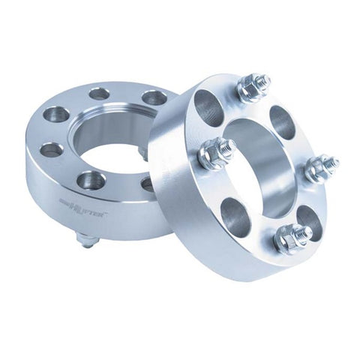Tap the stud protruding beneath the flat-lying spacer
(87, 240)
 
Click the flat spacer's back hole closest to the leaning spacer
(154, 97)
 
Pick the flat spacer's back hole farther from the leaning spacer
(98, 94)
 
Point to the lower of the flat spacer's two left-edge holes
(51, 149)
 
